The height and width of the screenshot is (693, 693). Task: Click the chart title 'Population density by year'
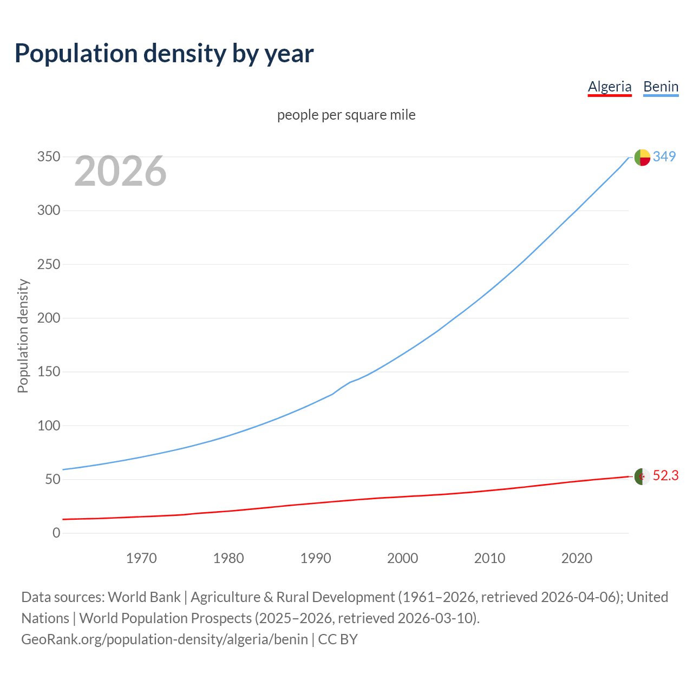[164, 53]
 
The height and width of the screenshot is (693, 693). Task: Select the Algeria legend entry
[610, 87]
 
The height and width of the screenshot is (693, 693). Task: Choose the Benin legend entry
[661, 87]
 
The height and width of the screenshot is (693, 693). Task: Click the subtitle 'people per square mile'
[346, 115]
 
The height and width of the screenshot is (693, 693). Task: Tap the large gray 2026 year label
[120, 171]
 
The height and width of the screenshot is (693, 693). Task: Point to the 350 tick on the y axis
[49, 157]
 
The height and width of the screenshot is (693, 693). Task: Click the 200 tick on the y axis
[49, 318]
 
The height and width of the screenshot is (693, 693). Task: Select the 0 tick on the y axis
[56, 533]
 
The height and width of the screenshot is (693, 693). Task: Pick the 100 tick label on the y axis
[49, 426]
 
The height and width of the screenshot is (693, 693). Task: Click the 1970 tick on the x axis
[141, 558]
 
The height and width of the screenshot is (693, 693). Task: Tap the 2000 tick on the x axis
[402, 558]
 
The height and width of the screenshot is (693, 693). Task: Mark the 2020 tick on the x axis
[577, 558]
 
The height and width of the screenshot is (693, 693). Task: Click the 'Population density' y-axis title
[23, 336]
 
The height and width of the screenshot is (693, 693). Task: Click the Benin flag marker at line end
[642, 157]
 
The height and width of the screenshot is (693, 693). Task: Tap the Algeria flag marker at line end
[642, 476]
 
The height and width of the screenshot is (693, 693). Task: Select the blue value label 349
[664, 156]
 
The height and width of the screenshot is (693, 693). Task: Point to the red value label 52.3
[665, 475]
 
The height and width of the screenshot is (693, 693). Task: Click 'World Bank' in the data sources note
[144, 597]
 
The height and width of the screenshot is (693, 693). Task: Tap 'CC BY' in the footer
[338, 639]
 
